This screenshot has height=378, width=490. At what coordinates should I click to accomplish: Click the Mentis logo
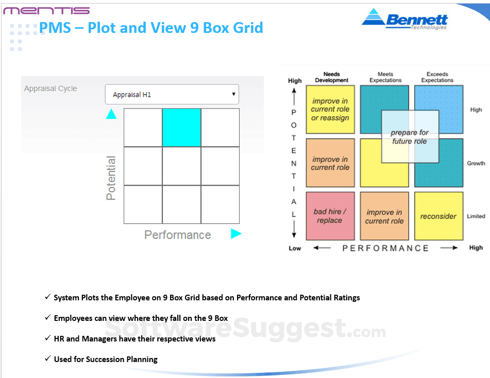pos(46,11)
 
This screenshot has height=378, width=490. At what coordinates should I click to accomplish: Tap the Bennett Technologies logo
pos(404,20)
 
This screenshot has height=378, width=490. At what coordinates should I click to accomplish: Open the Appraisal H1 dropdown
pos(172,94)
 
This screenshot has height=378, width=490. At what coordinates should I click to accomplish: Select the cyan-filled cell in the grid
pos(181,128)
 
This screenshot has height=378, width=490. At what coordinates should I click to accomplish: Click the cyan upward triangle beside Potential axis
pos(111,114)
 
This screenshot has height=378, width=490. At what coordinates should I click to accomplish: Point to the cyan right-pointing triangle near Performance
pos(236,233)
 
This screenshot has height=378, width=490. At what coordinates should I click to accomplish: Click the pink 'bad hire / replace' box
pos(330,216)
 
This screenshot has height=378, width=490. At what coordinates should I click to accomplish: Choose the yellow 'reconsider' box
pos(439,216)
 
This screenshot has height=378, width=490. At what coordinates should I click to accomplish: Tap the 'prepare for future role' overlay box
pos(410,137)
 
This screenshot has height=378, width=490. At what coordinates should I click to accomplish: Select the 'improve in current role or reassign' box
pos(330,109)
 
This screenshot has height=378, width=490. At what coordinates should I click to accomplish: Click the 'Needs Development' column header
pos(332,77)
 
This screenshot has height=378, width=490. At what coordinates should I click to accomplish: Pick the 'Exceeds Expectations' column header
pos(437,77)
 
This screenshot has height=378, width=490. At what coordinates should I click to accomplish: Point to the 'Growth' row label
pos(476,163)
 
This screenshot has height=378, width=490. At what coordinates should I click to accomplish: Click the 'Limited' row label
pos(476,216)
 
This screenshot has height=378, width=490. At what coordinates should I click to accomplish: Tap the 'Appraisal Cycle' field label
pos(50,88)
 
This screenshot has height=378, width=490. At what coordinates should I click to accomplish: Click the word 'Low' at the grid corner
pos(295,248)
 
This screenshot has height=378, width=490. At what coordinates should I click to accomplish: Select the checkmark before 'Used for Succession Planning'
pos(47,358)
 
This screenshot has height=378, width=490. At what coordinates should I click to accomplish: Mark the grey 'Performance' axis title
pos(177,235)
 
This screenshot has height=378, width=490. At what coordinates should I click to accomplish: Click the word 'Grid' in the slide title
pos(248,27)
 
